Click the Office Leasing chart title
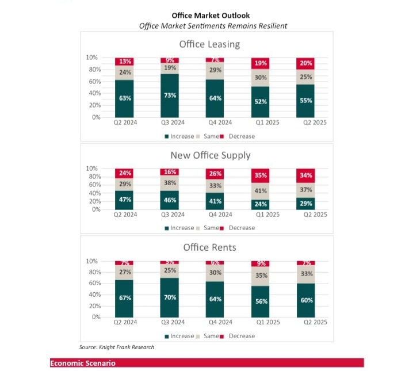pyautogui.click(x=209, y=44)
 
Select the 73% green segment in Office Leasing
pyautogui.click(x=170, y=95)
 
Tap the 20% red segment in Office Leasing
pyautogui.click(x=306, y=63)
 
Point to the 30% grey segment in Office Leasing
pyautogui.click(x=261, y=78)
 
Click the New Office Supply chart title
pyautogui.click(x=210, y=155)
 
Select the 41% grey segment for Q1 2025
pyautogui.click(x=261, y=191)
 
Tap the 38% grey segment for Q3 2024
pyautogui.click(x=170, y=183)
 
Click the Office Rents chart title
pyautogui.click(x=209, y=247)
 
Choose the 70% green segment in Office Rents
pyautogui.click(x=170, y=298)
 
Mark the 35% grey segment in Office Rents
pyautogui.click(x=261, y=276)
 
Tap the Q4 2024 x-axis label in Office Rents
pyautogui.click(x=215, y=323)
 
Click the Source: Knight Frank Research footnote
pyautogui.click(x=116, y=347)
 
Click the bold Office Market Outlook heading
pyautogui.click(x=211, y=16)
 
